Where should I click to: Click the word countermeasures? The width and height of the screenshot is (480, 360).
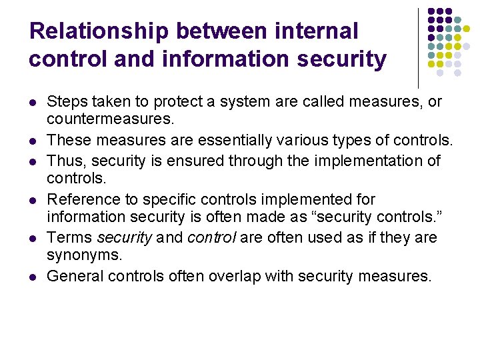pyautogui.click(x=109, y=120)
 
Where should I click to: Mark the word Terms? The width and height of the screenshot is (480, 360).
pyautogui.click(x=70, y=237)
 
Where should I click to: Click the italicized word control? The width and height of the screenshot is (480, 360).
pyautogui.click(x=211, y=237)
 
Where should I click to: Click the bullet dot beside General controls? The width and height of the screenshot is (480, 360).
pyautogui.click(x=32, y=277)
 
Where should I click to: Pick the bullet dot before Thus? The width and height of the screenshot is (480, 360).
pyautogui.click(x=32, y=162)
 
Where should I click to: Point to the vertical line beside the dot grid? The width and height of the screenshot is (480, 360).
pyautogui.click(x=418, y=47)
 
